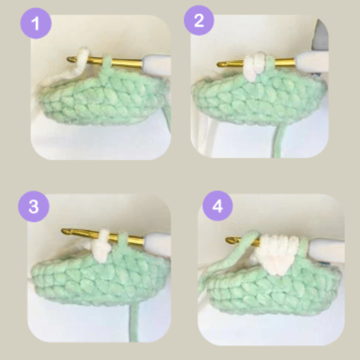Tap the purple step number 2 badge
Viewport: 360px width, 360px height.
pyautogui.click(x=199, y=22)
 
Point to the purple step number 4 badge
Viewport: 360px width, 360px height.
pyautogui.click(x=217, y=208)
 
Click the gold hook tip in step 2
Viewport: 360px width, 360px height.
pyautogui.click(x=221, y=63)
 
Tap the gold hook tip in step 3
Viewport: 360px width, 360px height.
pyautogui.click(x=66, y=231)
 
